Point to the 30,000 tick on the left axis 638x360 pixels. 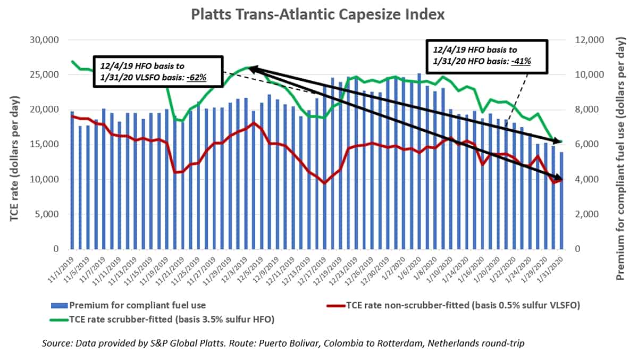pos(47,40)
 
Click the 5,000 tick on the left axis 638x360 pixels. pos(49,214)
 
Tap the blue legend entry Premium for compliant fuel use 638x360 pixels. pos(128,305)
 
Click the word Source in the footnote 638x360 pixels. pos(57,344)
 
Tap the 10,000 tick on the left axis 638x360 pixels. pos(47,179)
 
